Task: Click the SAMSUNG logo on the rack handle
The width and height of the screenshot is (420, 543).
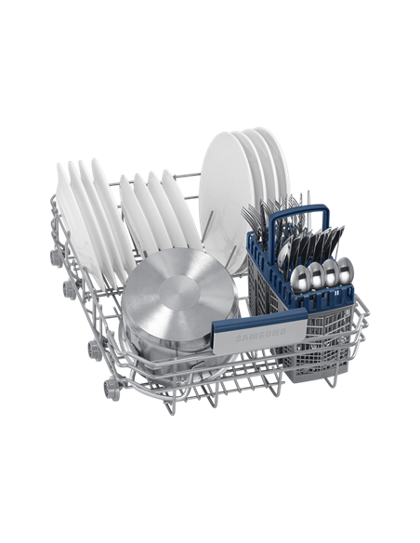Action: [x=260, y=336]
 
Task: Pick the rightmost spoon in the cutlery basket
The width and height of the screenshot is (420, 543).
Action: [x=346, y=271]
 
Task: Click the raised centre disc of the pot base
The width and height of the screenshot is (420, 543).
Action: [x=179, y=293]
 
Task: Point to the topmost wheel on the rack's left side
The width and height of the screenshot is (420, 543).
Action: [x=56, y=258]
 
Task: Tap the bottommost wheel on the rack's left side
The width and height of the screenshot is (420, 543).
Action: [x=112, y=390]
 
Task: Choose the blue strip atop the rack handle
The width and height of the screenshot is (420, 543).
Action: [x=259, y=317]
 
